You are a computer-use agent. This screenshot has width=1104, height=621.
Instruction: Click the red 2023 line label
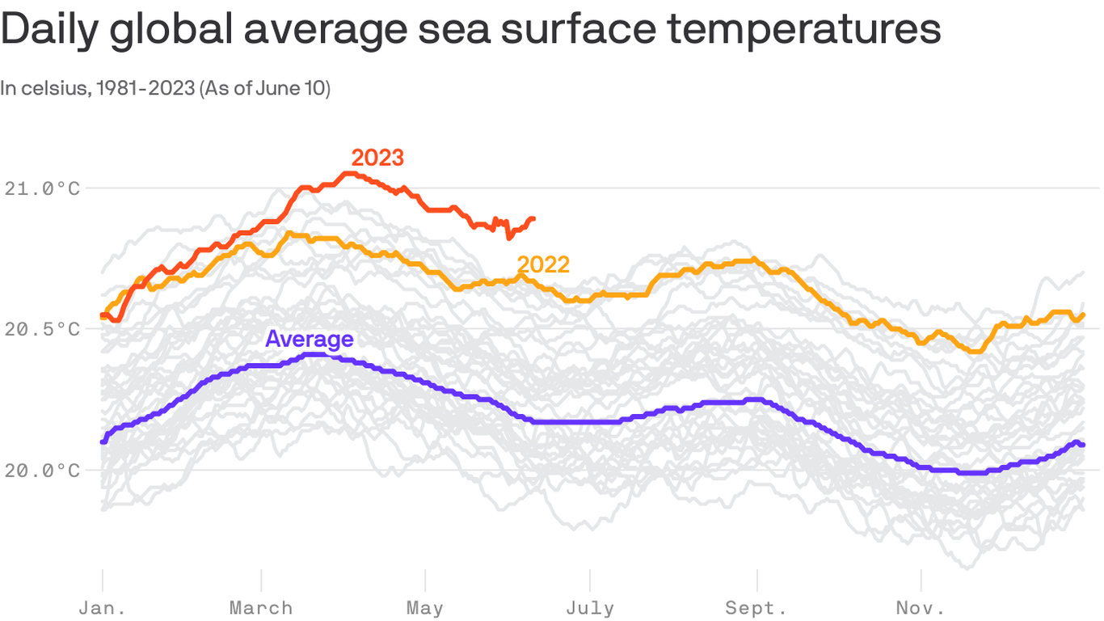click(x=377, y=158)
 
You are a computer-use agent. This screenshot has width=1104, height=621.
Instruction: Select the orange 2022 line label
click(x=543, y=264)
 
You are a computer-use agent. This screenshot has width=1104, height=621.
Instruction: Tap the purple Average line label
click(x=310, y=339)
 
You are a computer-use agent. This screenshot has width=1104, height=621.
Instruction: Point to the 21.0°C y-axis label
click(x=42, y=188)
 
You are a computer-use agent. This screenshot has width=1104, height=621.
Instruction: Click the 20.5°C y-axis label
click(x=42, y=329)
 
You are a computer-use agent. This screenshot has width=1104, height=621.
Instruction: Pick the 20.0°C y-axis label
click(x=42, y=470)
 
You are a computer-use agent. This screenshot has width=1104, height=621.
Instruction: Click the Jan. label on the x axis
click(x=103, y=608)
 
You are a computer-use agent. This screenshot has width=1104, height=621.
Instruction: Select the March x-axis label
click(x=261, y=608)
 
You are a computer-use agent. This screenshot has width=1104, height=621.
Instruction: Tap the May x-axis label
click(x=425, y=608)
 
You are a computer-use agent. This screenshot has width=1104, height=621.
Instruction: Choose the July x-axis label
click(x=590, y=608)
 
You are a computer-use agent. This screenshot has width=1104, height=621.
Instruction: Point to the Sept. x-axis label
click(x=756, y=608)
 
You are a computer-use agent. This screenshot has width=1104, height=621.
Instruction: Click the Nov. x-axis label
click(x=921, y=608)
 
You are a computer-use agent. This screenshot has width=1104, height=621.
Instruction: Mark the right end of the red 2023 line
click(x=533, y=218)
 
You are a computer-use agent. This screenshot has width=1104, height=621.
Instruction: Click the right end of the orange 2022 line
click(x=1083, y=315)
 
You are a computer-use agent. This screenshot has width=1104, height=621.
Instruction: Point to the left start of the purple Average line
click(x=103, y=441)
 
